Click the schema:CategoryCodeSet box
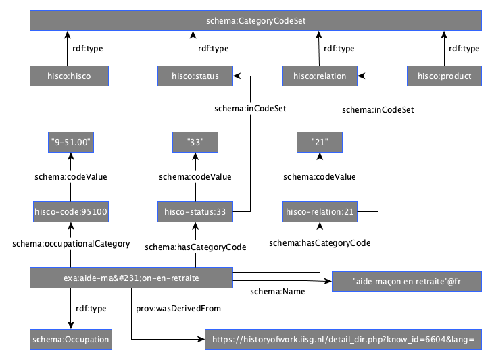255,21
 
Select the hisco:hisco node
69,76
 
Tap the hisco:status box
195,76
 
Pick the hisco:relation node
320,76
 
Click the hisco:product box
444,76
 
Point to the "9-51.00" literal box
71,142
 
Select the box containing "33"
195,142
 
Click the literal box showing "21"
320,142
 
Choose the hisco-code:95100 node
71,211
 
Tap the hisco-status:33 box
195,211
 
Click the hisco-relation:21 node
320,211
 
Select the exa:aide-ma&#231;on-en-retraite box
131,278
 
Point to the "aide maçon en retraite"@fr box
407,281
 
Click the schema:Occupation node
71,339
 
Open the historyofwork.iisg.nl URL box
343,339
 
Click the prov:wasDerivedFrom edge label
178,309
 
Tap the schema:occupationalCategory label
71,244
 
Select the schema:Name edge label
277,292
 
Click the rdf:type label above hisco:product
464,49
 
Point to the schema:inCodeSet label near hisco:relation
378,110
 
